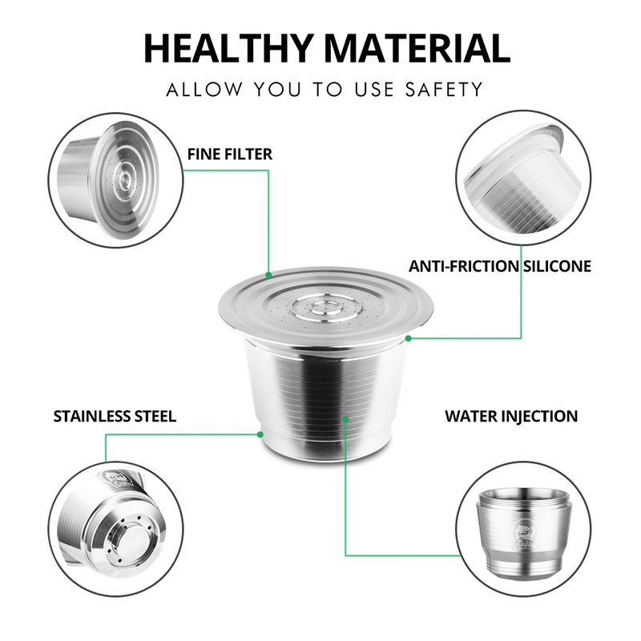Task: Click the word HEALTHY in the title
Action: coord(229,48)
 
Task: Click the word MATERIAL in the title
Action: coord(417,48)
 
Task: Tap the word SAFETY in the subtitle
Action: coord(445,90)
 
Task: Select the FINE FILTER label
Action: coord(230,154)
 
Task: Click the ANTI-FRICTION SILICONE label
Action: coord(500,266)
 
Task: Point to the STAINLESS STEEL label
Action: coord(115,416)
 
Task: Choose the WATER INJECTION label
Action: coord(511,416)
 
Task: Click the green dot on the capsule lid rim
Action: coord(268,275)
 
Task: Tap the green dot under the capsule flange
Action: coord(408,338)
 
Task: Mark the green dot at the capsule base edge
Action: coord(260,434)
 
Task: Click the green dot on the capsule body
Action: coord(345,419)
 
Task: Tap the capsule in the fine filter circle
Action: coord(109,179)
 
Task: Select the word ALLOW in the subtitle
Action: coord(204,90)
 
